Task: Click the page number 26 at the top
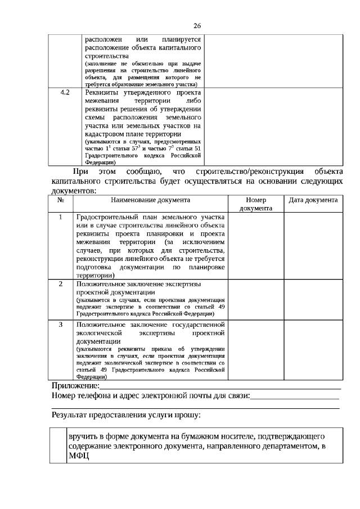click(197, 25)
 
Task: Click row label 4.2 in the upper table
click(65, 93)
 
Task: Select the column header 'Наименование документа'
click(150, 200)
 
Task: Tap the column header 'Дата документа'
click(313, 200)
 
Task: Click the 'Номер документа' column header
click(256, 204)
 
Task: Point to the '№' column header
click(61, 200)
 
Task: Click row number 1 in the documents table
click(61, 217)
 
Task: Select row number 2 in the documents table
click(61, 284)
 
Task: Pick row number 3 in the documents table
click(61, 325)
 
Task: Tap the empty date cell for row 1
click(313, 245)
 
